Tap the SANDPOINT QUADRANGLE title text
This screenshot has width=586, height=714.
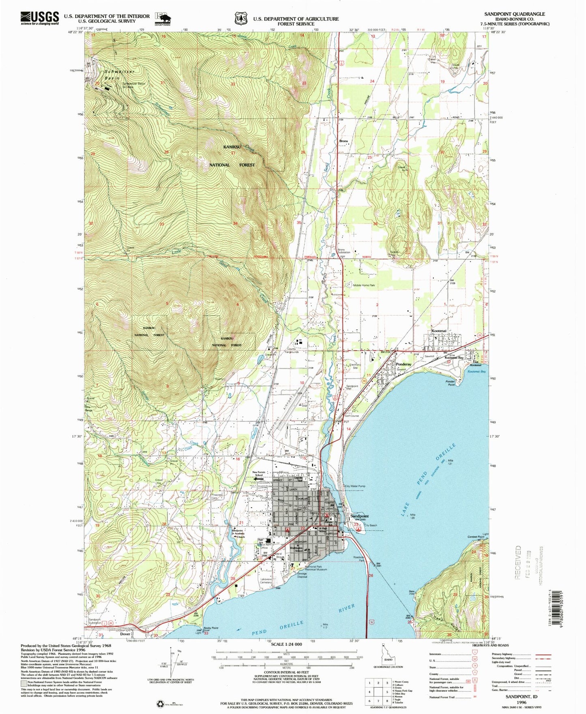pyautogui.click(x=514, y=14)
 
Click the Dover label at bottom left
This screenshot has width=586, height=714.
pyautogui.click(x=125, y=634)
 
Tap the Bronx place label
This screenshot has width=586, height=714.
pyautogui.click(x=343, y=141)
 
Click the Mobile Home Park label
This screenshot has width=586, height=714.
pyautogui.click(x=364, y=285)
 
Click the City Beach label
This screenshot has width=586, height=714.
pyautogui.click(x=371, y=525)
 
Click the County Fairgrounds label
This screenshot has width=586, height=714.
pyautogui.click(x=293, y=351)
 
